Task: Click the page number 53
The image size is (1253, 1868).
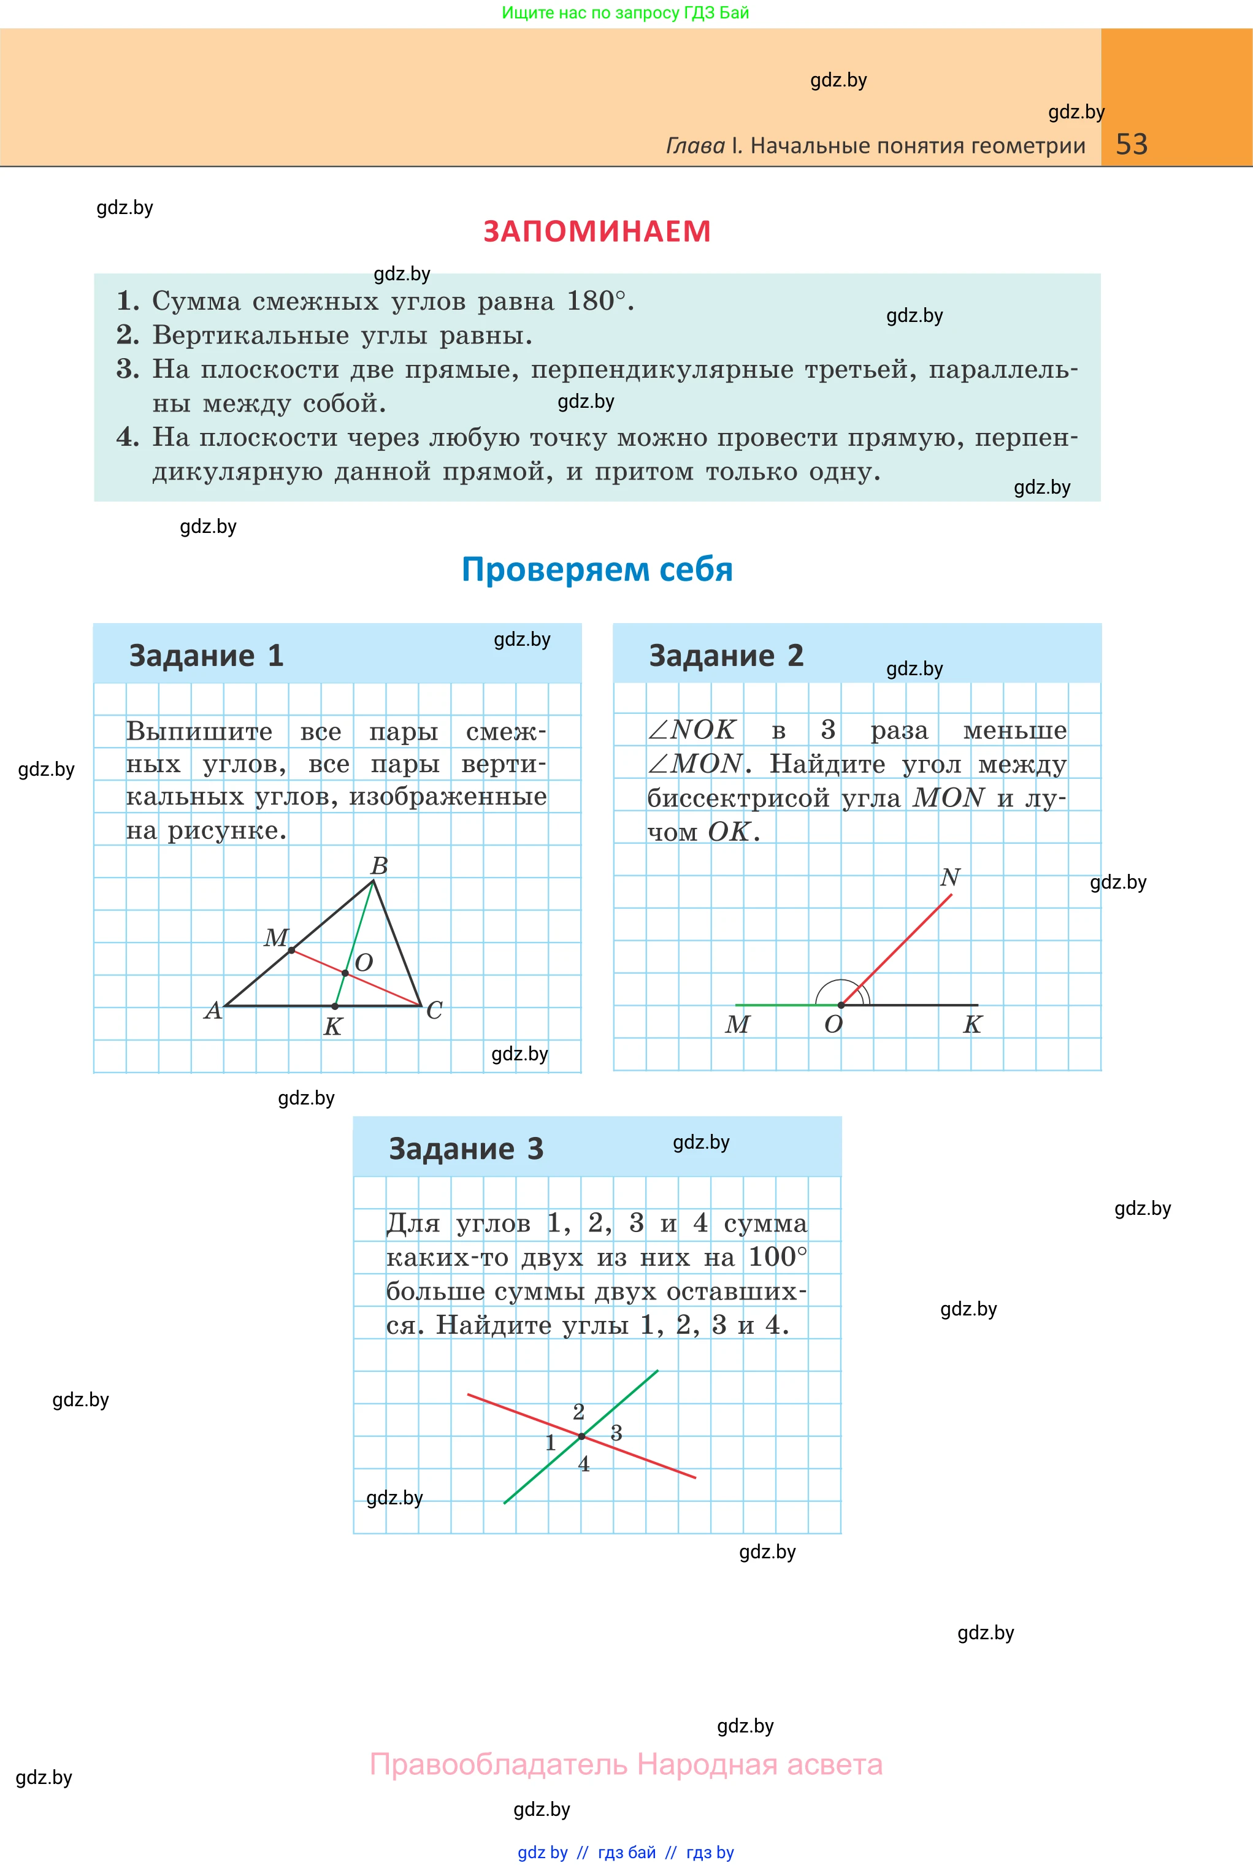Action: (x=1131, y=145)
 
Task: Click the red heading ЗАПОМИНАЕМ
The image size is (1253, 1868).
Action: (x=597, y=231)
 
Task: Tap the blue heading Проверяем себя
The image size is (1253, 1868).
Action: (x=597, y=570)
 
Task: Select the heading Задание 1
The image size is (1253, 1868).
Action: (x=206, y=656)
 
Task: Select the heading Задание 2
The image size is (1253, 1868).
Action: (x=726, y=656)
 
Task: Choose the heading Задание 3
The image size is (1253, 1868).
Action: (x=466, y=1149)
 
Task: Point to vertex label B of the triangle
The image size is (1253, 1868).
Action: (x=380, y=866)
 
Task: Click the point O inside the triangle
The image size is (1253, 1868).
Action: (x=345, y=973)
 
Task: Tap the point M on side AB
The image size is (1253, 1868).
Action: (x=292, y=950)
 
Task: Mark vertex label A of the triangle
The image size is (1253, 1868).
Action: (x=213, y=1011)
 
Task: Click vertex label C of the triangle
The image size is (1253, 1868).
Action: (x=434, y=1011)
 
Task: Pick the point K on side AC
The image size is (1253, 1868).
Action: (x=335, y=1006)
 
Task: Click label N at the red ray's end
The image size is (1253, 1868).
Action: (x=949, y=877)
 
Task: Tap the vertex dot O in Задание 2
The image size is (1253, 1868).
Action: (x=841, y=1005)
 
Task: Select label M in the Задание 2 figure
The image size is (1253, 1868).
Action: (x=737, y=1024)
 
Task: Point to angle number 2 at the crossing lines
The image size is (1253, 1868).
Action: (x=578, y=1412)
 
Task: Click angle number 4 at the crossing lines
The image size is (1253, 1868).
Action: (x=584, y=1464)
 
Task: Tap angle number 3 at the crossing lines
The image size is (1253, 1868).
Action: (x=616, y=1433)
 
